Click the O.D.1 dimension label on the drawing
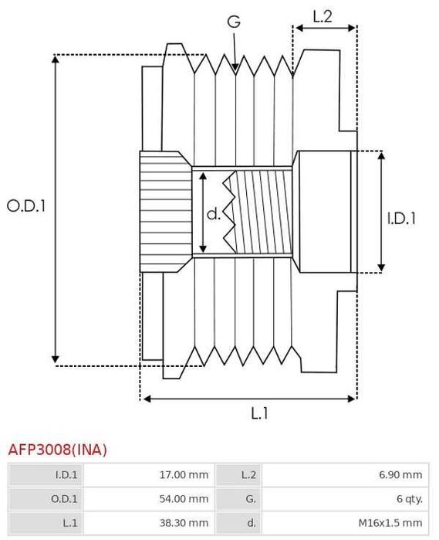pyautogui.click(x=27, y=206)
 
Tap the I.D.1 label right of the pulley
pyautogui.click(x=401, y=219)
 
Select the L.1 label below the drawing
pyautogui.click(x=259, y=413)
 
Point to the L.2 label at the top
pyautogui.click(x=323, y=15)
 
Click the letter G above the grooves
pyautogui.click(x=233, y=22)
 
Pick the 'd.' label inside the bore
pyautogui.click(x=214, y=213)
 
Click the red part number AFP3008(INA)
pyautogui.click(x=58, y=450)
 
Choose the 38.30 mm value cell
pyautogui.click(x=183, y=523)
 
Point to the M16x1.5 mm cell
pyautogui.click(x=393, y=523)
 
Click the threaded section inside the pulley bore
pyautogui.click(x=262, y=212)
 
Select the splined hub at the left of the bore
pyautogui.click(x=164, y=211)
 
